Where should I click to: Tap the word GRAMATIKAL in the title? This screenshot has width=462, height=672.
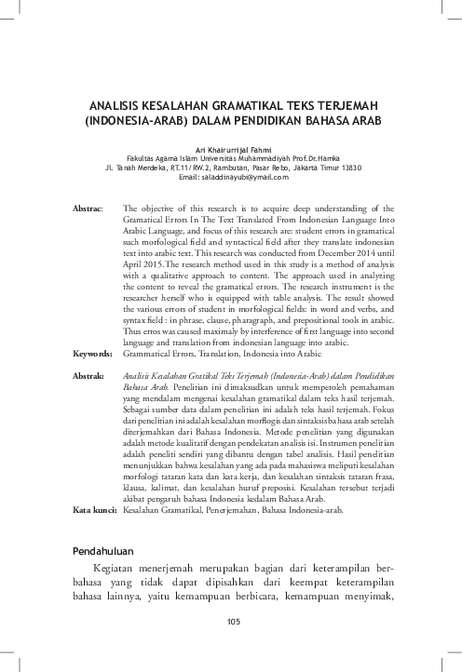(246, 105)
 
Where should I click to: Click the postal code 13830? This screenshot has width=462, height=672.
(349, 168)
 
